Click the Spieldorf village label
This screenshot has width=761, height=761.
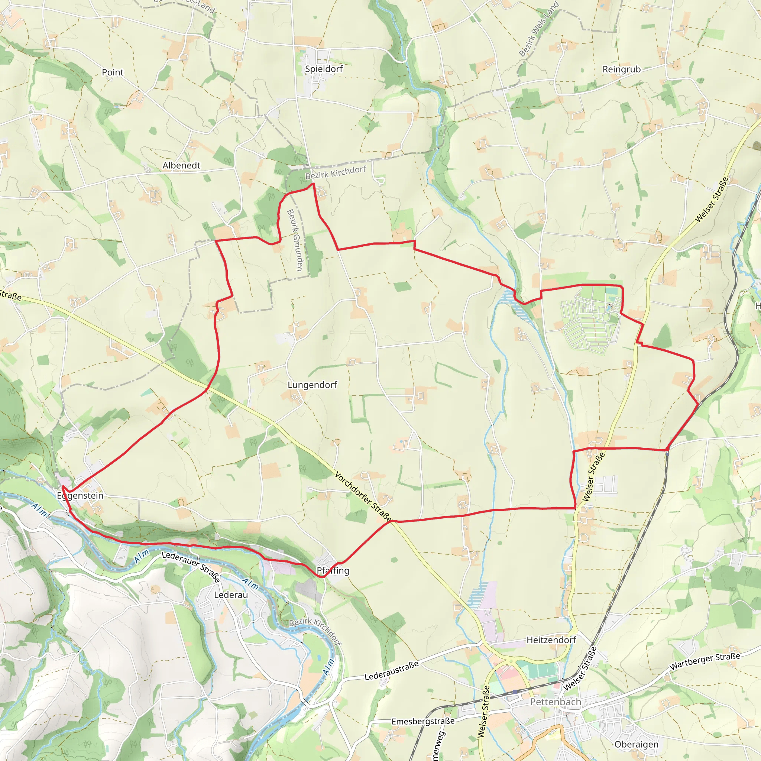point(324,69)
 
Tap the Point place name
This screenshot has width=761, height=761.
point(113,72)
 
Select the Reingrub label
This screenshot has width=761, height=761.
point(622,69)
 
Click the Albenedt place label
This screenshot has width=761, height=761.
point(181,165)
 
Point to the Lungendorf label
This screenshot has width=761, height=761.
point(313,385)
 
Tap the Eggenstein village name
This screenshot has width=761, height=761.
point(80,496)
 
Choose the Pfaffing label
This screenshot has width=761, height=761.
point(333,570)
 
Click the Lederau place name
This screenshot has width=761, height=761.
point(231,595)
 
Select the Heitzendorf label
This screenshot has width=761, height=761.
point(551,640)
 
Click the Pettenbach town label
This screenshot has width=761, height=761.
point(556,702)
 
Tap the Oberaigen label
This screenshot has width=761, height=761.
point(637,744)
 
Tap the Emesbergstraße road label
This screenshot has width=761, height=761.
point(423,721)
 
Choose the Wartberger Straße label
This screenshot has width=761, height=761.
point(705,661)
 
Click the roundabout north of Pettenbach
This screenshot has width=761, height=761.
point(511,661)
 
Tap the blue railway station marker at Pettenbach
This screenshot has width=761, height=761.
point(515,692)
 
